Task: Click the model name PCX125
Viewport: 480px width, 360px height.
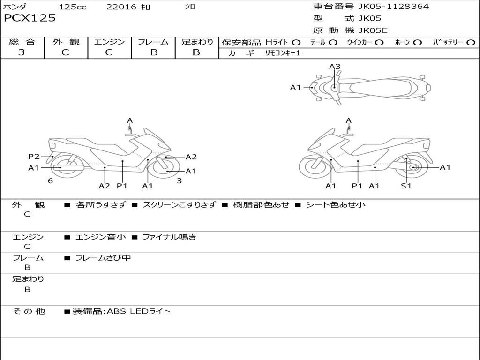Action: [30, 18]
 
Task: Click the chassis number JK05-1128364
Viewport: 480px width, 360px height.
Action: [394, 7]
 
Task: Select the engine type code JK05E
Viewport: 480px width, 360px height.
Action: [373, 30]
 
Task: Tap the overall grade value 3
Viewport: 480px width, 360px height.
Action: [22, 52]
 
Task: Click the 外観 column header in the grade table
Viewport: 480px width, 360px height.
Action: [66, 42]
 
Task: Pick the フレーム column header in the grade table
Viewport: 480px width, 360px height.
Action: [153, 42]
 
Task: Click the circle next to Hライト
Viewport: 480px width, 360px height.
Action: [296, 43]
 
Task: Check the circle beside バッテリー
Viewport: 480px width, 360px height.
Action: [471, 43]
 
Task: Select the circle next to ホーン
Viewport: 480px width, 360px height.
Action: [417, 43]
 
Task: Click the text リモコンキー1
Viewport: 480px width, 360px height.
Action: [283, 53]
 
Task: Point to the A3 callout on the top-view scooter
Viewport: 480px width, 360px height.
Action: [335, 67]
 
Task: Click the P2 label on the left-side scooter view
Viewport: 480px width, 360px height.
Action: [34, 157]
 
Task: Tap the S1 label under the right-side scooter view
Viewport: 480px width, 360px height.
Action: [406, 186]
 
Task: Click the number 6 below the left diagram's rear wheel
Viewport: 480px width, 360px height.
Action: [51, 181]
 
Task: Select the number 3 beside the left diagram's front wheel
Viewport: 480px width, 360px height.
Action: [180, 181]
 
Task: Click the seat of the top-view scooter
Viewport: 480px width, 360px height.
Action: [380, 88]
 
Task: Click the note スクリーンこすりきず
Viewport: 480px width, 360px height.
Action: [180, 205]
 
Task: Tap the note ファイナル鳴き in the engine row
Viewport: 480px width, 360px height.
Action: [169, 237]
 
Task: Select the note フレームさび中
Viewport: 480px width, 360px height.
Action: [103, 258]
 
